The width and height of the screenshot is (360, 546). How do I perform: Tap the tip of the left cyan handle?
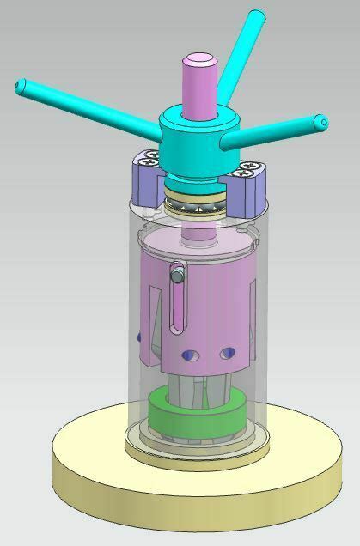point(21,86)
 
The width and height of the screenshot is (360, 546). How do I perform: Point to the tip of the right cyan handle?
point(321,122)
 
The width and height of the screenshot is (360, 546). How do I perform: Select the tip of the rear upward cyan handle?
point(256,16)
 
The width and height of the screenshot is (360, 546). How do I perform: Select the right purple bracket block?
point(252,184)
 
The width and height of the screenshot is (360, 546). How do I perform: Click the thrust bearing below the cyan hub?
point(196,204)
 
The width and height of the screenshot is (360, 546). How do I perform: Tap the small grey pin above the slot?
point(178,275)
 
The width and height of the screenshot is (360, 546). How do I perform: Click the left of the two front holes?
point(192,355)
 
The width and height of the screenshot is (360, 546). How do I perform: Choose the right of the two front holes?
point(228,353)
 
